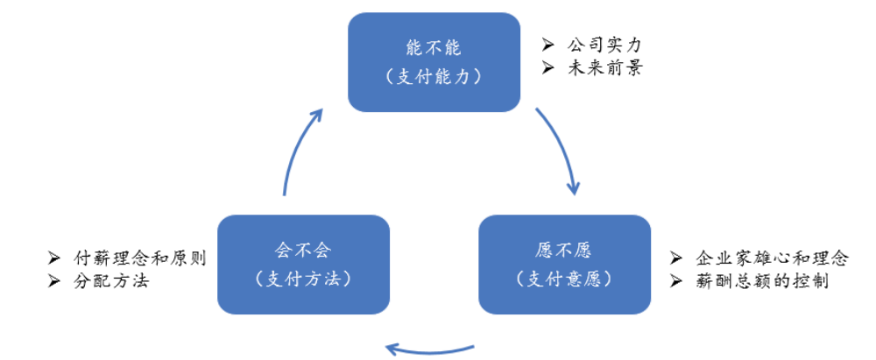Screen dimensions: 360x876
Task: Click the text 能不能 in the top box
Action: [x=434, y=46]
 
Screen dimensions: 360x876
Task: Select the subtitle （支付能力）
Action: [x=434, y=76]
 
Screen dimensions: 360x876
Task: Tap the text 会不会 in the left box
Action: [x=303, y=250]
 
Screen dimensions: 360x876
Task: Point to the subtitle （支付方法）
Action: [x=303, y=279]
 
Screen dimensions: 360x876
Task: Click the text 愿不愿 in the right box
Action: [x=564, y=250]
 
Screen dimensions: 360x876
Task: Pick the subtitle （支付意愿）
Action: [x=564, y=279]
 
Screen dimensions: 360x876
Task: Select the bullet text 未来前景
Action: [x=604, y=67]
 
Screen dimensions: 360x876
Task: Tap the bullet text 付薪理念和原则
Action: [x=139, y=258]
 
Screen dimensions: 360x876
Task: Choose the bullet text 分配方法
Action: [x=111, y=281]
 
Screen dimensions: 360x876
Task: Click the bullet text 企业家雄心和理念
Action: [x=772, y=258]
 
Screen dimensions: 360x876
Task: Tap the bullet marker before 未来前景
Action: [x=548, y=67]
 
